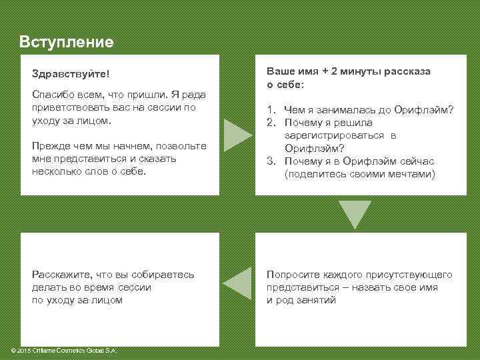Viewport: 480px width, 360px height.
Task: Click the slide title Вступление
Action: pyautogui.click(x=67, y=42)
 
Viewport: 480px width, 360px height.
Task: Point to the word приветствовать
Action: pyautogui.click(x=69, y=108)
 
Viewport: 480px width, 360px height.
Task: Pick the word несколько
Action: pyautogui.click(x=55, y=171)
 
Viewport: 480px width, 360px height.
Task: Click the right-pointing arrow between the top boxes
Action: pyautogui.click(x=236, y=135)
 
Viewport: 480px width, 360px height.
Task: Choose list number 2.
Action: pyautogui.click(x=271, y=123)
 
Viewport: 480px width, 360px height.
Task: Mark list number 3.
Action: pyautogui.click(x=271, y=161)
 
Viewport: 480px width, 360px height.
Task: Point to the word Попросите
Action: pyautogui.click(x=291, y=275)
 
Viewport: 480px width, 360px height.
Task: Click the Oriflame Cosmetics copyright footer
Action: pyautogui.click(x=61, y=351)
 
